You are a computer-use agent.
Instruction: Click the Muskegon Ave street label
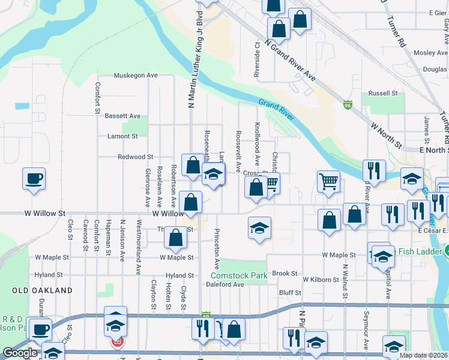click(136, 76)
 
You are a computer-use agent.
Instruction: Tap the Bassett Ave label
click(122, 116)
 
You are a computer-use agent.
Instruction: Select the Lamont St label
click(122, 136)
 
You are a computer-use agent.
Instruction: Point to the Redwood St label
click(135, 157)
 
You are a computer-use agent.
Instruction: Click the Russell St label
click(383, 94)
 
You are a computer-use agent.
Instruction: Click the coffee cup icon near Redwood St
click(34, 178)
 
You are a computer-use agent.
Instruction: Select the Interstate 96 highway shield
click(348, 104)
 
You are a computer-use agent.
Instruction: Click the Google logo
click(20, 352)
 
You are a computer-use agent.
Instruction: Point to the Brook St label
click(285, 273)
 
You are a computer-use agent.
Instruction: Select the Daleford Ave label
click(227, 284)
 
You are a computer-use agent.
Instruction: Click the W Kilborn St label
click(325, 280)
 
